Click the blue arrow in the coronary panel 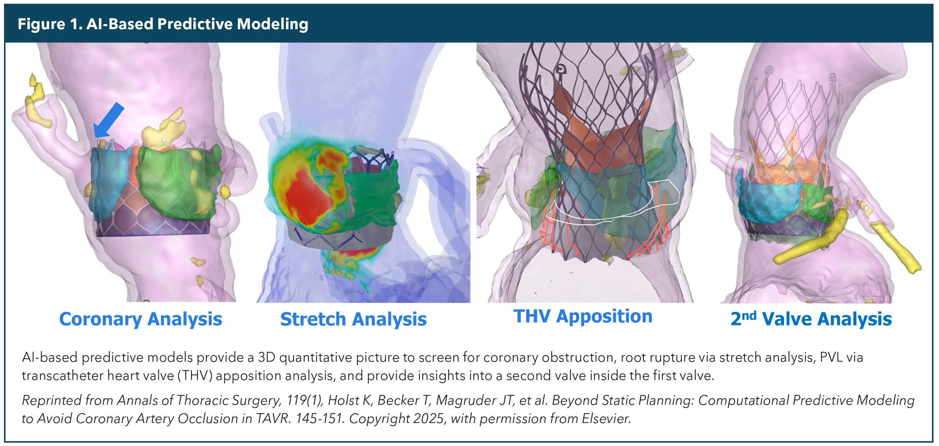[x=109, y=120]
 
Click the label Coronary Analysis [x=140, y=319]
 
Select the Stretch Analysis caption [x=353, y=319]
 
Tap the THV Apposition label [x=583, y=316]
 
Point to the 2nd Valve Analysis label [x=811, y=319]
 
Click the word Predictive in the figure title [x=195, y=24]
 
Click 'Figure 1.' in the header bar [x=50, y=24]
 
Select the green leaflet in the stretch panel [x=372, y=197]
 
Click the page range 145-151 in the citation [x=319, y=419]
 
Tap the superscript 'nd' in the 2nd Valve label [x=749, y=316]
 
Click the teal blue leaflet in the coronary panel [x=109, y=182]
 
